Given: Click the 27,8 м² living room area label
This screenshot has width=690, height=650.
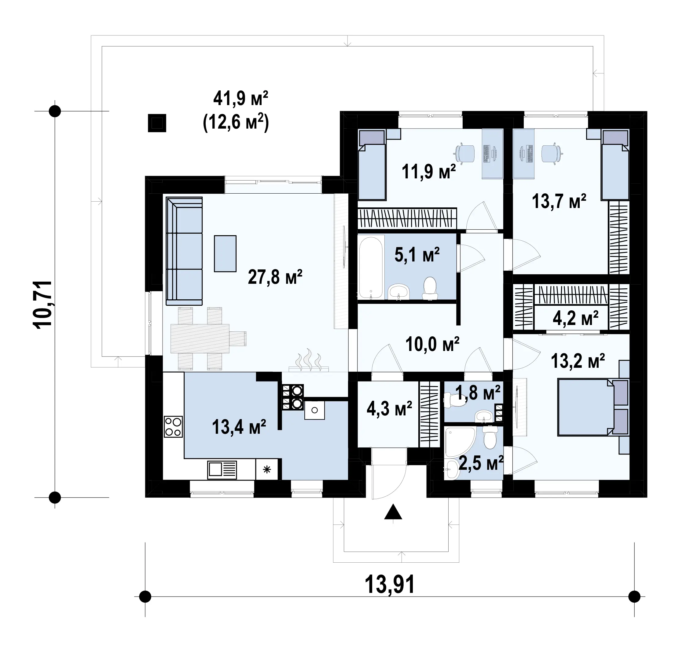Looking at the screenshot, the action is click(275, 277).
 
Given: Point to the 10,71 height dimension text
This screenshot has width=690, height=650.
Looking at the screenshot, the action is click(42, 304).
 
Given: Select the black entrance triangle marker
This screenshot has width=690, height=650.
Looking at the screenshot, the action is click(393, 512).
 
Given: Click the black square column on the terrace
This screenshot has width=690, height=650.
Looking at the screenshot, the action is click(157, 123).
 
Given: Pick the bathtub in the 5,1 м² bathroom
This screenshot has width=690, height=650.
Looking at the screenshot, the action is click(371, 268).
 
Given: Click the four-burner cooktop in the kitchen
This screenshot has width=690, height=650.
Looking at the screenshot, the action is click(173, 427).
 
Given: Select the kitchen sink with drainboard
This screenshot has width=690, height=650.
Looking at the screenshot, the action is click(222, 470).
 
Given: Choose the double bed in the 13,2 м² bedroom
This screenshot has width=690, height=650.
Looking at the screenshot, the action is click(593, 407).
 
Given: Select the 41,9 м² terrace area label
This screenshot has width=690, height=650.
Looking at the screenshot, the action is click(240, 98).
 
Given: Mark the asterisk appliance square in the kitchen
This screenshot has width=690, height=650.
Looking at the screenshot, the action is click(267, 470).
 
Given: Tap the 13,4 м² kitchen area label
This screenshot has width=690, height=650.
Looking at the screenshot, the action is click(239, 427).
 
